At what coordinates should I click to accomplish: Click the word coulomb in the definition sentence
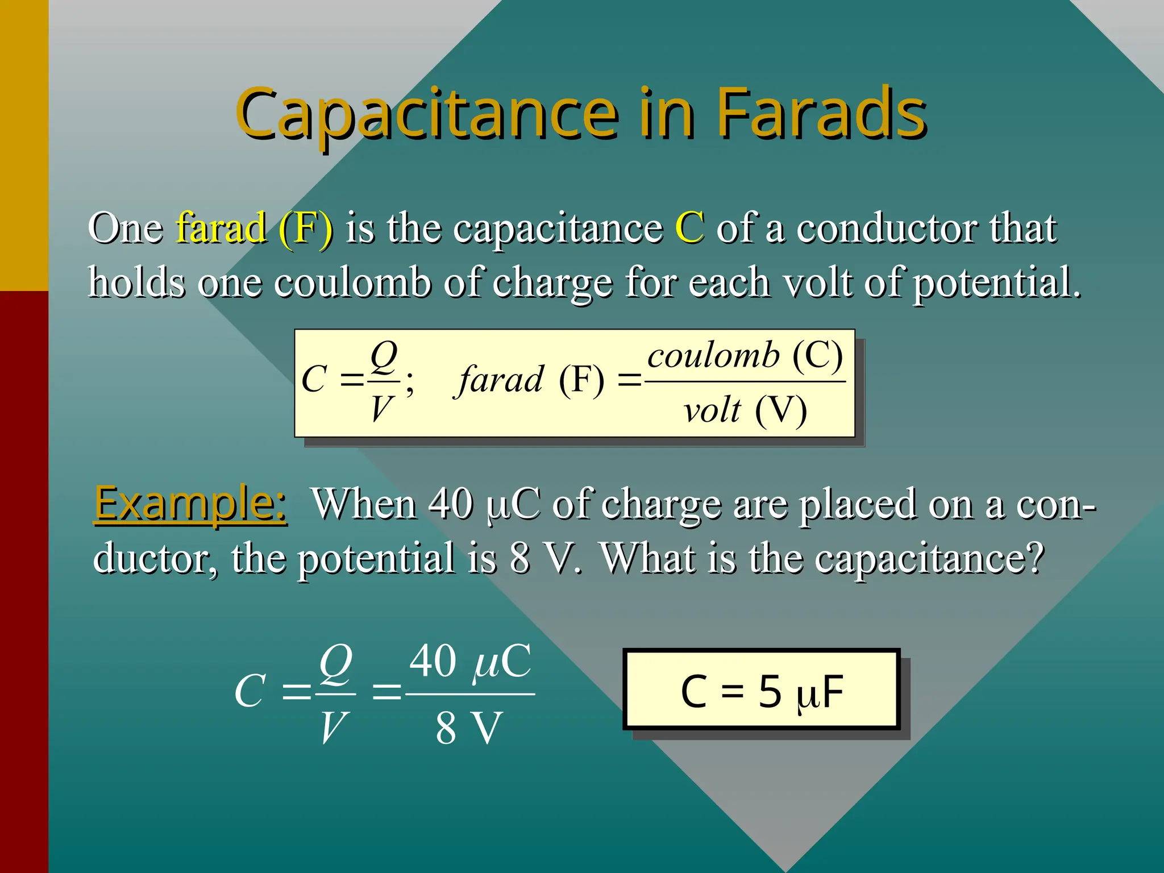(352, 282)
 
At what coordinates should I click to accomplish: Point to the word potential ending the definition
(996, 282)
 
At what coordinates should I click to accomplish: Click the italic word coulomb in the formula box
(714, 356)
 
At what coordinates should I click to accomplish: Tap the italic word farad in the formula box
(501, 380)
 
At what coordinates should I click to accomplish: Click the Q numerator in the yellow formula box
(384, 356)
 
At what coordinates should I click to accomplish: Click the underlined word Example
(190, 504)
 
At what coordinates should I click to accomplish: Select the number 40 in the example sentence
(451, 504)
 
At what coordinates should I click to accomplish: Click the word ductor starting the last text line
(155, 559)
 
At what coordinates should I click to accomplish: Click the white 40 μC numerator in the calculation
(471, 662)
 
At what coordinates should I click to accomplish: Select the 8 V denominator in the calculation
(469, 728)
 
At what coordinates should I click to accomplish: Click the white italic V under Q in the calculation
(333, 728)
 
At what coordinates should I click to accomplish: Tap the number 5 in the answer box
(770, 692)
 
